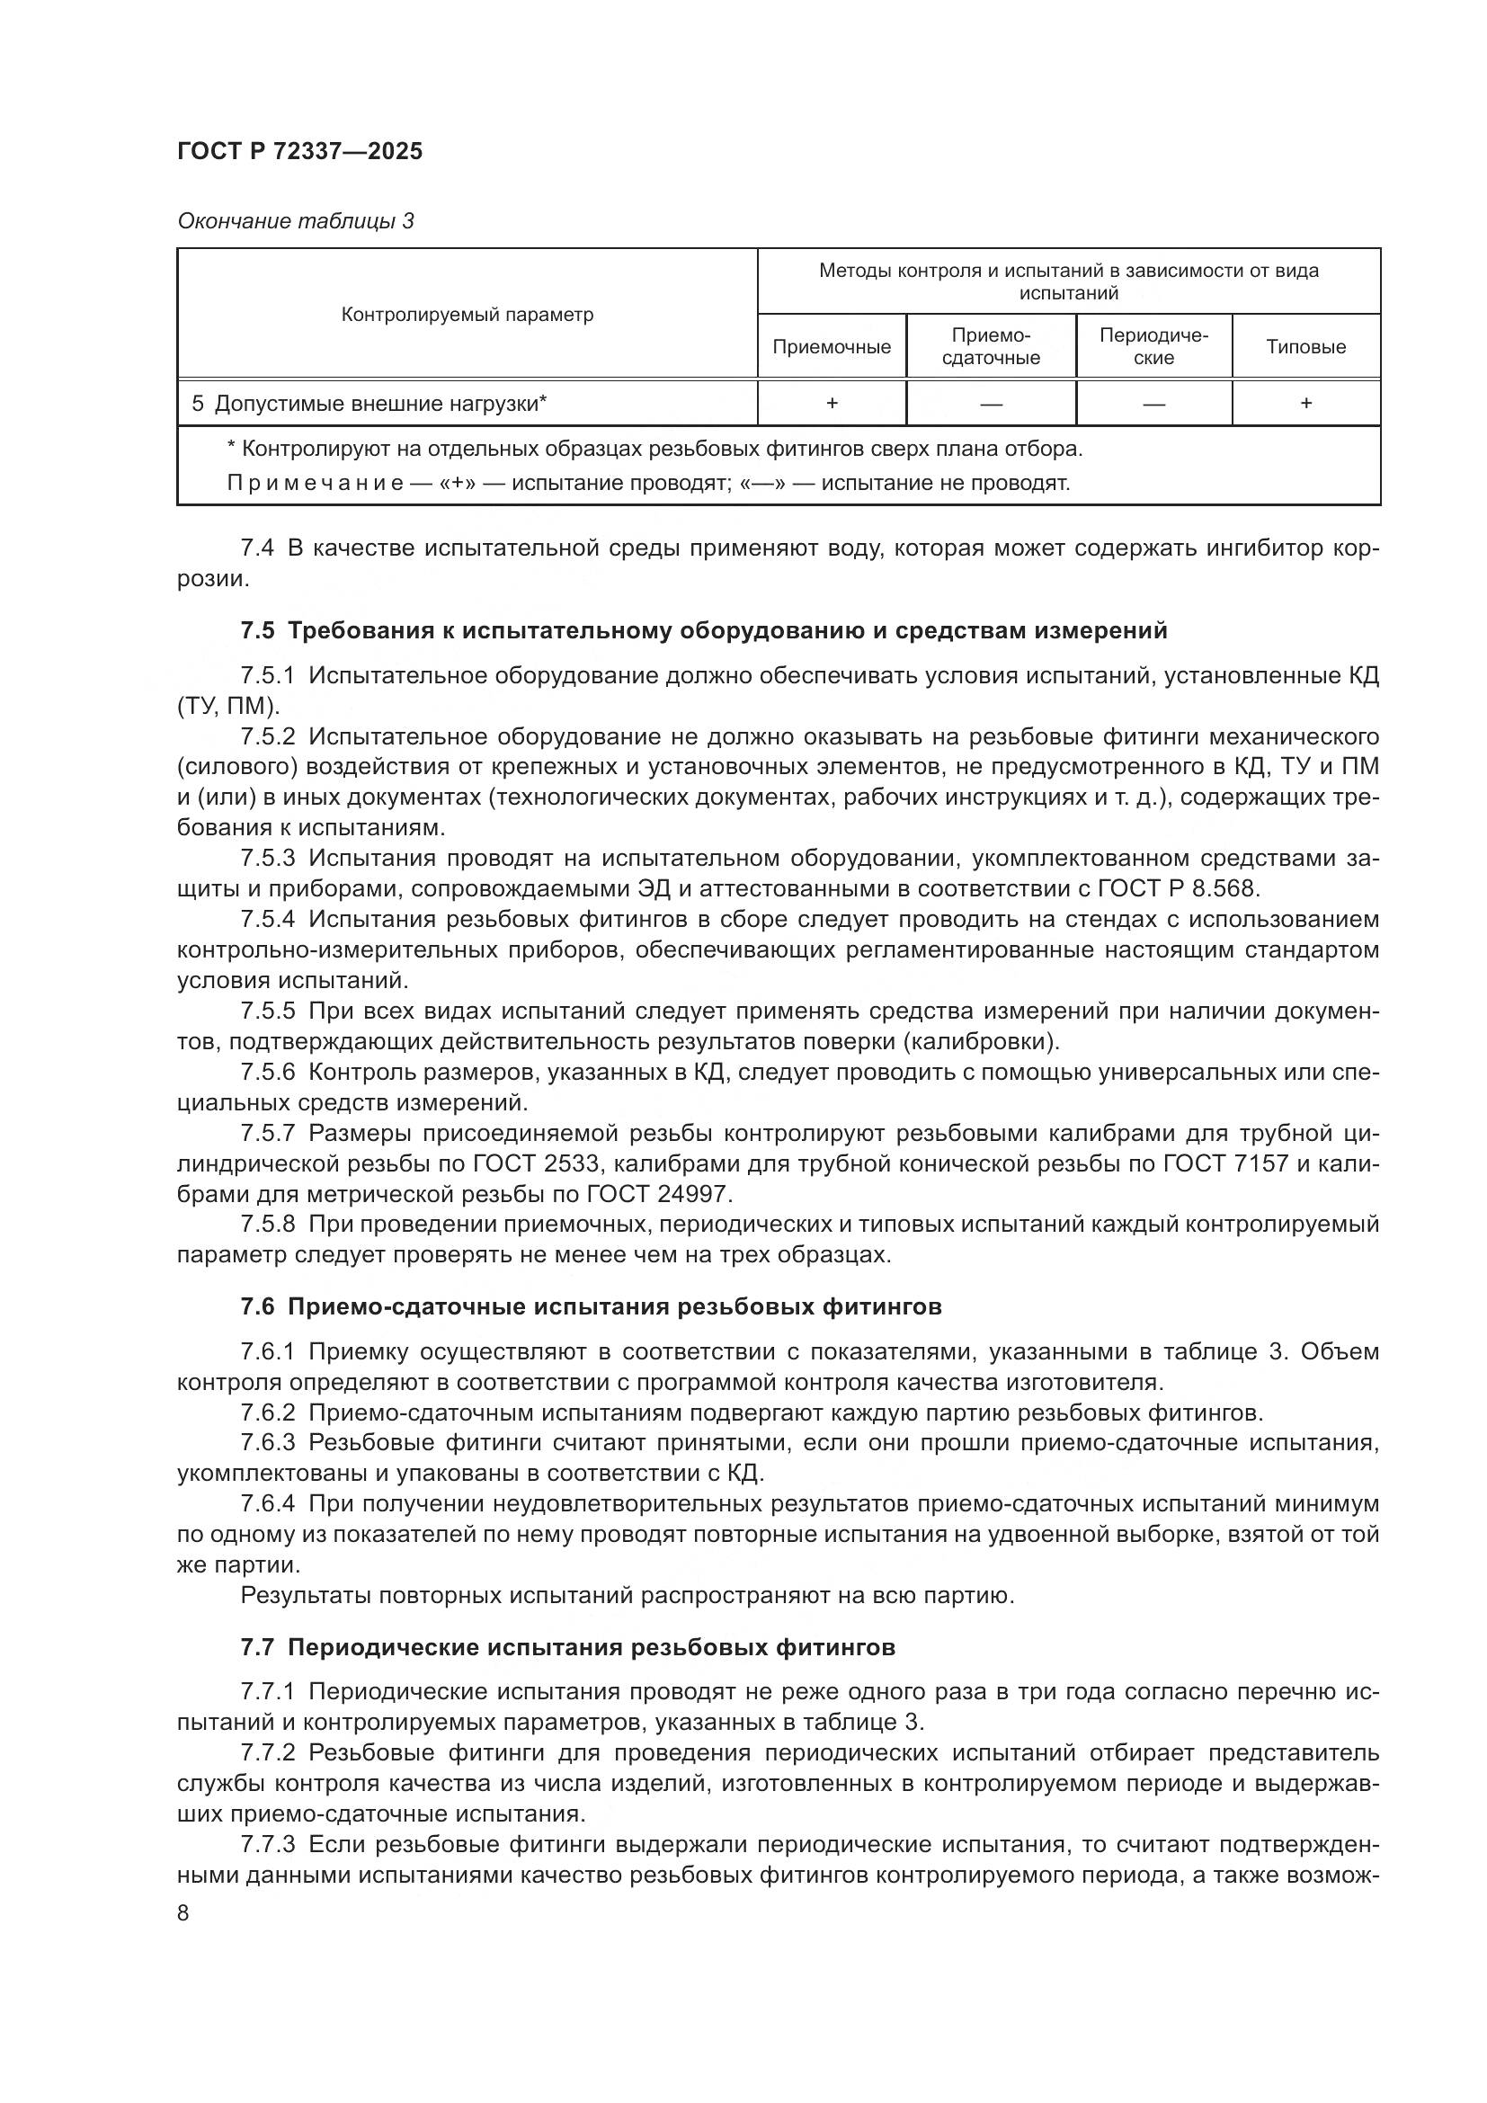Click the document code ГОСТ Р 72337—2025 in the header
(x=299, y=151)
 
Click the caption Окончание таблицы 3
(x=295, y=221)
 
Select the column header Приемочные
(x=831, y=347)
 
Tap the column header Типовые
(x=1304, y=347)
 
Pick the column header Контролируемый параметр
(x=467, y=315)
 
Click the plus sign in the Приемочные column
(x=832, y=403)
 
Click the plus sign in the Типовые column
(x=1305, y=403)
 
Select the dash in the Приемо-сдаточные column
(x=991, y=404)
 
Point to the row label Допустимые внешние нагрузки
(x=379, y=404)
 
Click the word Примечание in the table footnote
(x=314, y=483)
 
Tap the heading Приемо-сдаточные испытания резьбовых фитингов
(x=614, y=1306)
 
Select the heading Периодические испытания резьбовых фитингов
(x=591, y=1647)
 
